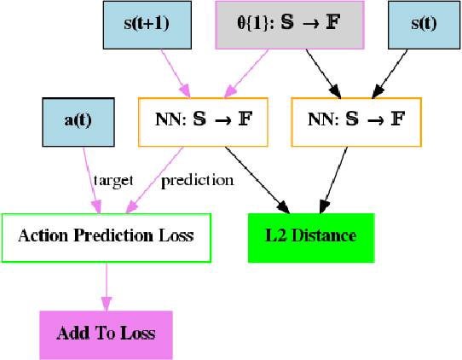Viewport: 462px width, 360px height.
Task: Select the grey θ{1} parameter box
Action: point(289,25)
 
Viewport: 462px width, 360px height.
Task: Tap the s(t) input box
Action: point(424,25)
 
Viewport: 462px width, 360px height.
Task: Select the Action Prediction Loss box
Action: point(106,236)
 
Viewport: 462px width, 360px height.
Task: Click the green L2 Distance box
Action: point(310,236)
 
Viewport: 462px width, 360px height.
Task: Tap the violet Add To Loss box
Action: point(106,334)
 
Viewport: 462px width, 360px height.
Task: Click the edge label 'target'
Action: point(113,180)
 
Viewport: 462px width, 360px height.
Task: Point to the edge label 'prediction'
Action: point(197,180)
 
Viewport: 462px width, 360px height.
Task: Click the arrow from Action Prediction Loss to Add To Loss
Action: point(106,286)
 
